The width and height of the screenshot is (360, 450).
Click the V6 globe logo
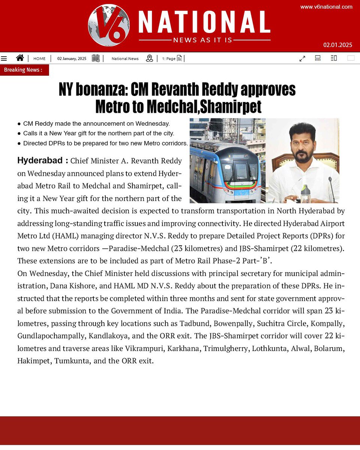coord(109,25)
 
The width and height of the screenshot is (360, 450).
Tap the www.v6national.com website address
coord(326,7)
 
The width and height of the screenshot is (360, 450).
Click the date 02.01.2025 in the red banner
coord(337,45)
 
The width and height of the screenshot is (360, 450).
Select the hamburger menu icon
coord(4,58)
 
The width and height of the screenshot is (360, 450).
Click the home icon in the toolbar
coord(20,58)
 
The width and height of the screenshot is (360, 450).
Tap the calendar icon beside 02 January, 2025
coord(96,58)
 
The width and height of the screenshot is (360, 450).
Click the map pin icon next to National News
coord(150,58)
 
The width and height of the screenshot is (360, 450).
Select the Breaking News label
coord(23,70)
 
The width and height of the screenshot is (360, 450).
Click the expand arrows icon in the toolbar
coord(302,58)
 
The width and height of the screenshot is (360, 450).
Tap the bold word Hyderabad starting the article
coord(39,160)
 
